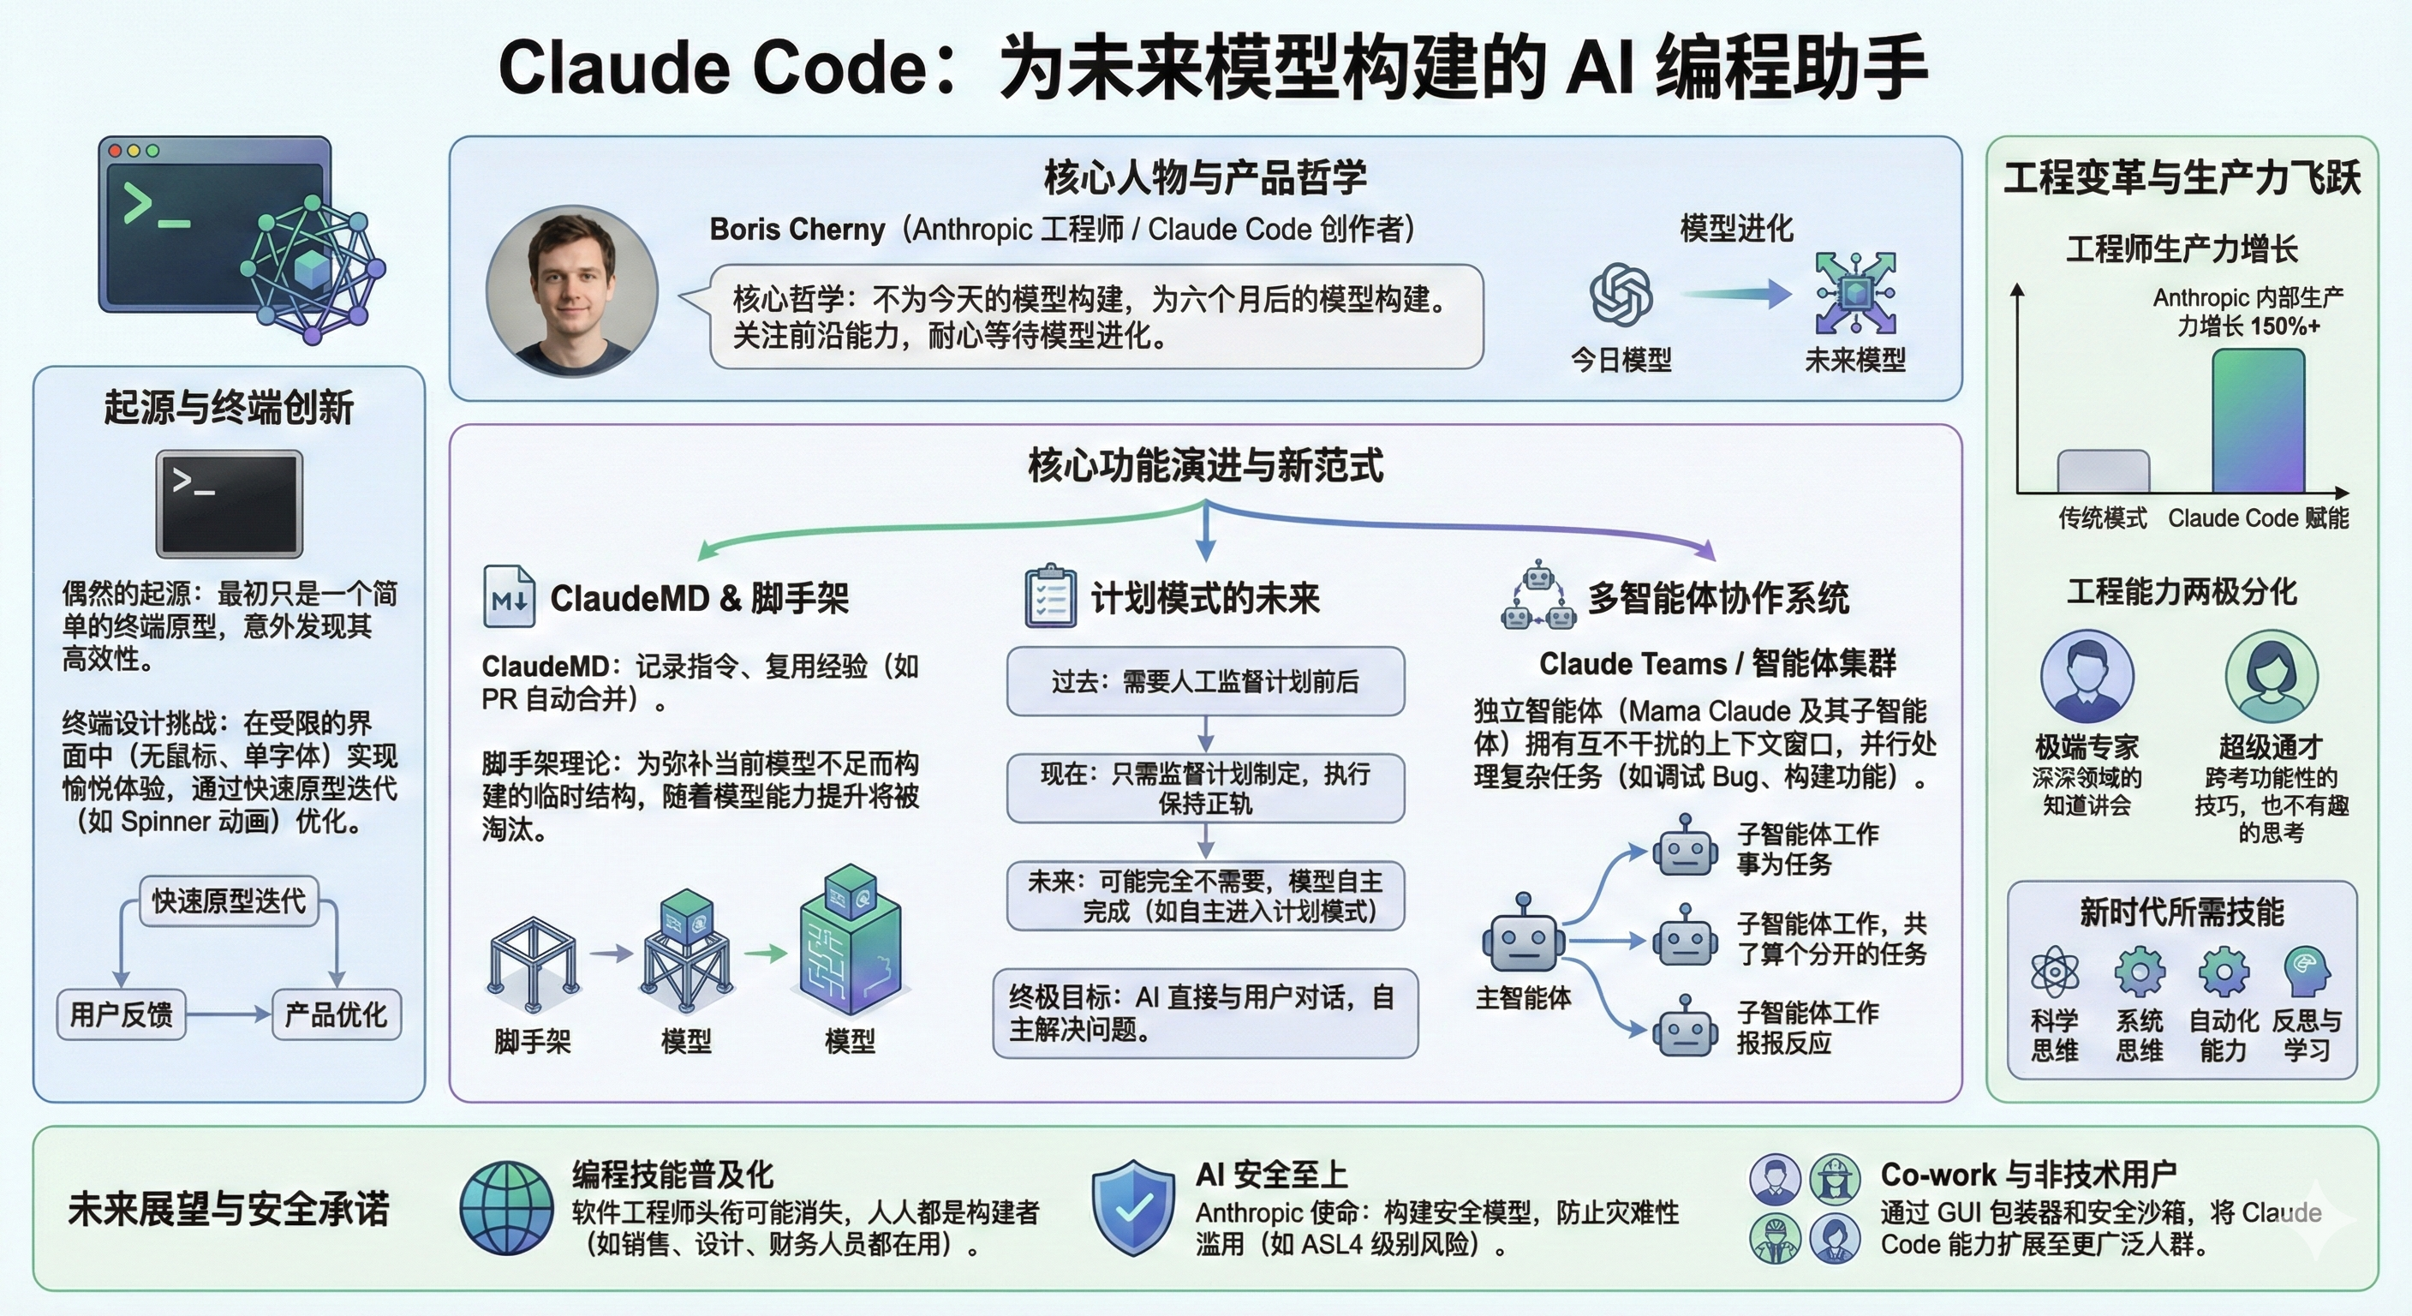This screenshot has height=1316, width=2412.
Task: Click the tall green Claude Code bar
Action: click(2258, 422)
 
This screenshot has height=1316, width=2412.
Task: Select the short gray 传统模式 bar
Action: click(2103, 471)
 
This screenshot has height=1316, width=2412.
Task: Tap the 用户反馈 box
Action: click(122, 1014)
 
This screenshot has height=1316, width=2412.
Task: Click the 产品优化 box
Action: click(336, 1014)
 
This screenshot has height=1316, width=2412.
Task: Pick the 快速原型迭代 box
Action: click(230, 901)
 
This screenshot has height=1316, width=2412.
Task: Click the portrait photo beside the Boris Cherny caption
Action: click(572, 291)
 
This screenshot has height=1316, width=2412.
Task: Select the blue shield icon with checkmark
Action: click(1133, 1207)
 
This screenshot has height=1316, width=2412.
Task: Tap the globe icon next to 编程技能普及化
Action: click(506, 1207)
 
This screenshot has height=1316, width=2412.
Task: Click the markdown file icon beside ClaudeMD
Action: click(510, 596)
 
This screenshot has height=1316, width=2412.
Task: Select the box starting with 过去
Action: click(1205, 682)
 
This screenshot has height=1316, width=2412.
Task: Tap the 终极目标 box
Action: click(1205, 1014)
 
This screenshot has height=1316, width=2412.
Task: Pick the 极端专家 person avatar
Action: click(2087, 676)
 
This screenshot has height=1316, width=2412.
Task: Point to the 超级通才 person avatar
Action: click(2272, 676)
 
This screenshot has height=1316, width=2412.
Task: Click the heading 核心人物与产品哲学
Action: click(1205, 177)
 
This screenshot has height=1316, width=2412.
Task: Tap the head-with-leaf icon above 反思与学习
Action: click(2306, 972)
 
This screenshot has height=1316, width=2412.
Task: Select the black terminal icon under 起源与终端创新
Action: click(230, 504)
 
